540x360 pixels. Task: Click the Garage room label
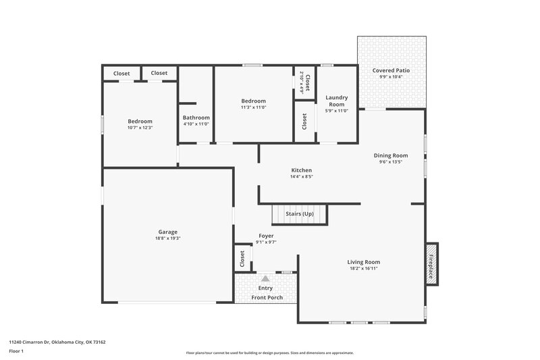(167, 232)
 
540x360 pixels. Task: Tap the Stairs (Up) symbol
(299, 214)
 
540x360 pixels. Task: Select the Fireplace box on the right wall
(431, 261)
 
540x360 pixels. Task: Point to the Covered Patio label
(391, 70)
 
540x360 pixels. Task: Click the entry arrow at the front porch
(265, 278)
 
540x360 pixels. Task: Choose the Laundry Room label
(336, 101)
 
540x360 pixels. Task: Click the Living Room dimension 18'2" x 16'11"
(363, 268)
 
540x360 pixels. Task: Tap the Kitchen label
(301, 170)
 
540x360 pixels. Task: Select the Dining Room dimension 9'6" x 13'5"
(391, 162)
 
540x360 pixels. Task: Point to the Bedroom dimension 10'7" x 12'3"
(140, 128)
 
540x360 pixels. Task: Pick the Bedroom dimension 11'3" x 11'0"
(253, 107)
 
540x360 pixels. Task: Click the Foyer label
(266, 236)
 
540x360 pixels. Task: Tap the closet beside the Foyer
(242, 258)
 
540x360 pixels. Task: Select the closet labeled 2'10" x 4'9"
(306, 82)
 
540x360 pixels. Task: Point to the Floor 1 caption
(16, 351)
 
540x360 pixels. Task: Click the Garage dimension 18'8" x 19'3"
(167, 238)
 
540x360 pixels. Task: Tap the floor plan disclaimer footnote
(269, 353)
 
